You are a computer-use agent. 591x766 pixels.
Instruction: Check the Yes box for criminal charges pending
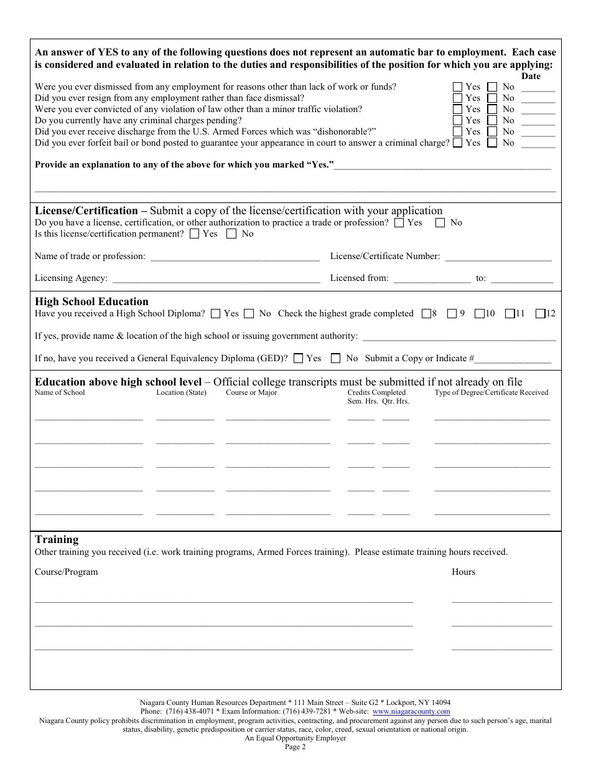click(x=458, y=120)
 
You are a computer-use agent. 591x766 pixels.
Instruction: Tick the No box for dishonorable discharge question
click(x=492, y=131)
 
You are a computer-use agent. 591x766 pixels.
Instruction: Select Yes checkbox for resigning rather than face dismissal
click(x=458, y=98)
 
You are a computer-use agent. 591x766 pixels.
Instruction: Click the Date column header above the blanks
click(x=531, y=76)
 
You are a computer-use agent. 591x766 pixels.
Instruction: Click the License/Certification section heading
click(x=86, y=210)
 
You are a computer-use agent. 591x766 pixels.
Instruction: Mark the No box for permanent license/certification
click(x=231, y=234)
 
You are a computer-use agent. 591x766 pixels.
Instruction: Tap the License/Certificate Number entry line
click(x=498, y=257)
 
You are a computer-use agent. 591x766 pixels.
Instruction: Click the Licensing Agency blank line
click(x=216, y=278)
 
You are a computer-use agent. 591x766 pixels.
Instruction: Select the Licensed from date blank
click(x=432, y=278)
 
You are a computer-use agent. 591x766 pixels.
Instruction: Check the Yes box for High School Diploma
click(x=216, y=314)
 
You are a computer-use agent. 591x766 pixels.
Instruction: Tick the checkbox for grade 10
click(x=479, y=314)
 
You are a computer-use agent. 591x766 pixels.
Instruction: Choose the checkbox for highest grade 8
click(x=426, y=314)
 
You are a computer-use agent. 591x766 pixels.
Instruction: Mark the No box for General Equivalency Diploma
click(x=336, y=358)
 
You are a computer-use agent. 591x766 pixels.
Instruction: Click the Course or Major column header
click(x=251, y=393)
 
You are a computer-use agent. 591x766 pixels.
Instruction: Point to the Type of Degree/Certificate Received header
click(x=491, y=393)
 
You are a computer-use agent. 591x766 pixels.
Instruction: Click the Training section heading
click(x=57, y=539)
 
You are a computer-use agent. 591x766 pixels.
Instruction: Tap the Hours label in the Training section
click(x=463, y=572)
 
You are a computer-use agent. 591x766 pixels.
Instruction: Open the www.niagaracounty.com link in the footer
click(x=411, y=711)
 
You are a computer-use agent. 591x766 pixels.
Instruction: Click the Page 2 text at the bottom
click(x=295, y=747)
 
